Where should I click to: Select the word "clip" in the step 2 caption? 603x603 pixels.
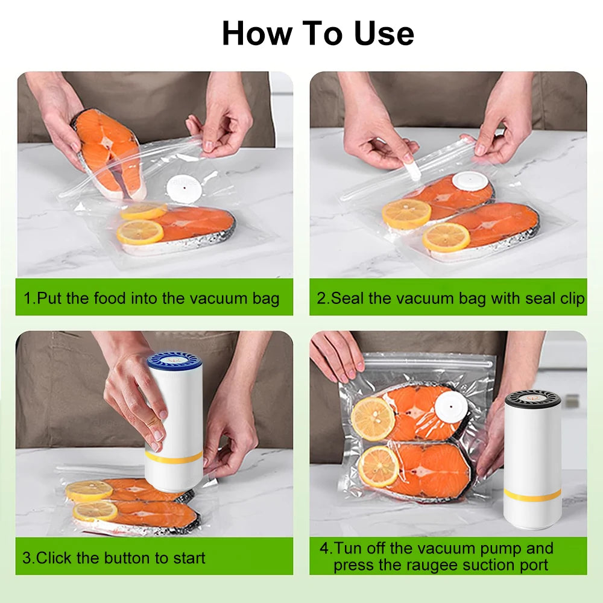pyautogui.click(x=571, y=298)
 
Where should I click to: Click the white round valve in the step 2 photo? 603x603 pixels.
pyautogui.click(x=470, y=181)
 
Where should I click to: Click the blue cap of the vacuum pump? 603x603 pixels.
pyautogui.click(x=174, y=361)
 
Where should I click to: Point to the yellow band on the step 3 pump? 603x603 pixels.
pyautogui.click(x=174, y=458)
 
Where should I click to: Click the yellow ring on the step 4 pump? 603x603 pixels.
pyautogui.click(x=532, y=494)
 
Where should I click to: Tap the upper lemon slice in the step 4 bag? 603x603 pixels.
pyautogui.click(x=373, y=418)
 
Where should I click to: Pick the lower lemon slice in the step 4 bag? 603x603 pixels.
pyautogui.click(x=378, y=466)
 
